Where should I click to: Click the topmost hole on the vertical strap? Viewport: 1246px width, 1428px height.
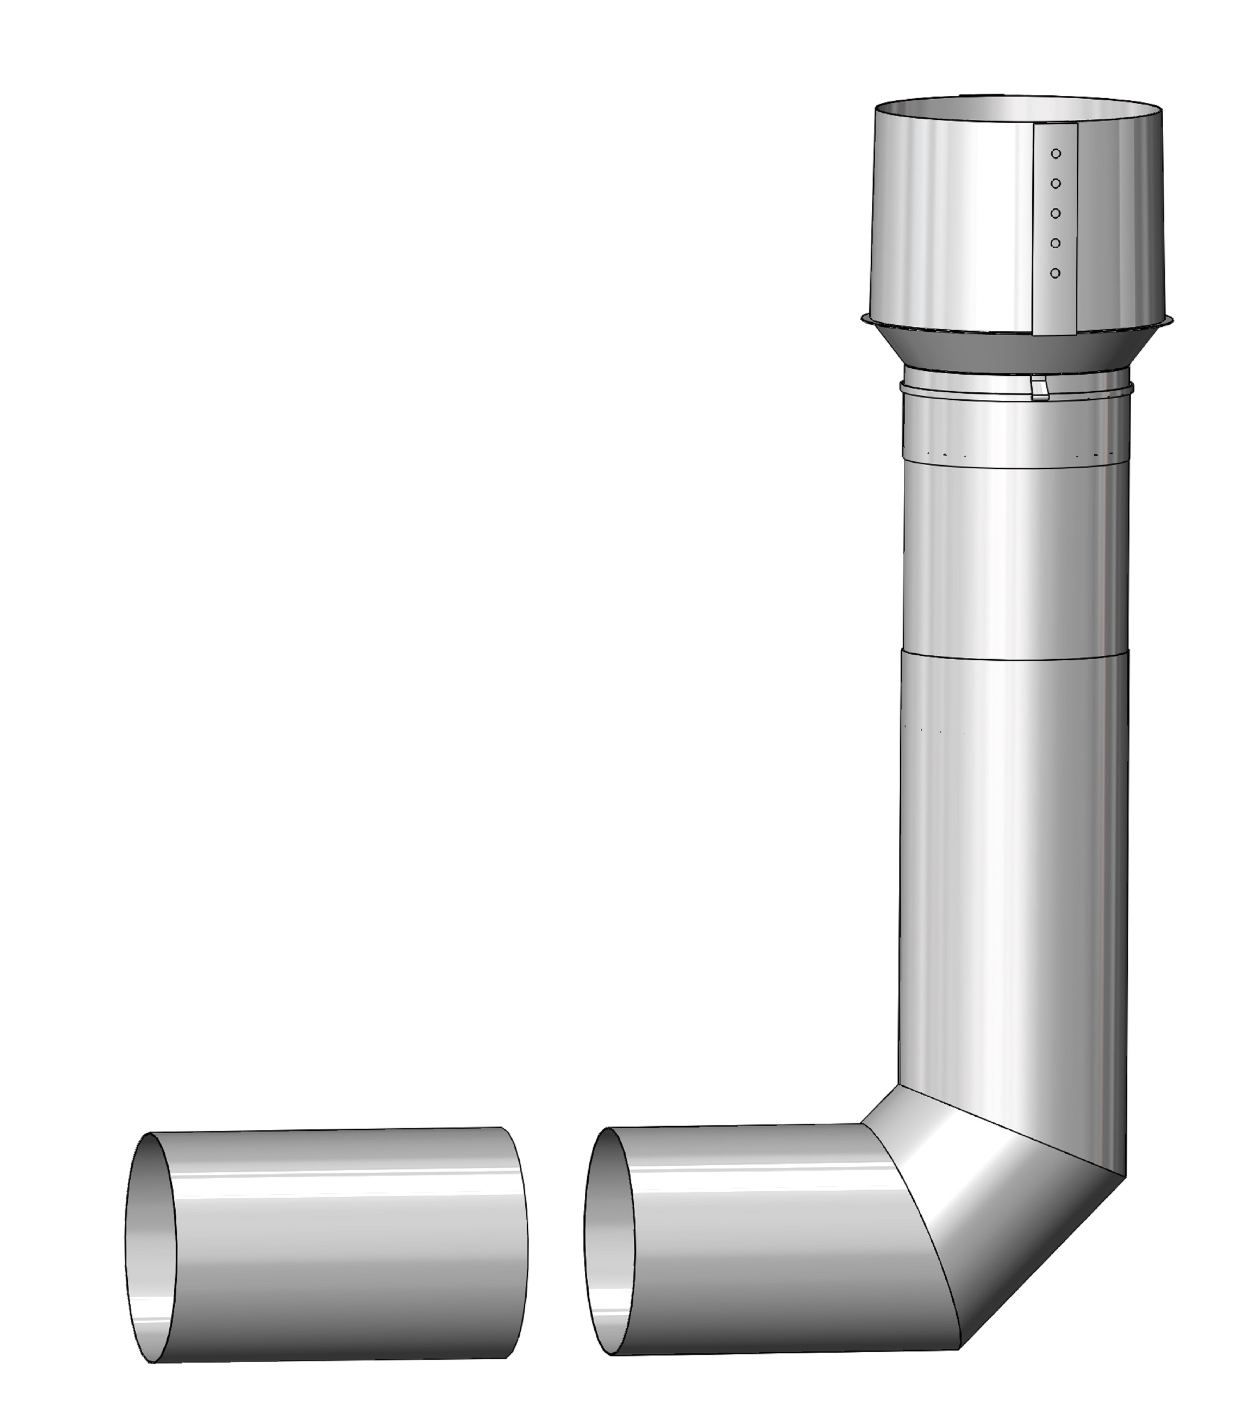point(1056,154)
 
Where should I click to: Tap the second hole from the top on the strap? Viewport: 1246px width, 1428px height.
point(1056,184)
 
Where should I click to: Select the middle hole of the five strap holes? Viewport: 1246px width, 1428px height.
point(1056,214)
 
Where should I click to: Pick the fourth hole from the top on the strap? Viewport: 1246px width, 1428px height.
point(1056,243)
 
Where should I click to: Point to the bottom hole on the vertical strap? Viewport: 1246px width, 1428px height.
point(1056,273)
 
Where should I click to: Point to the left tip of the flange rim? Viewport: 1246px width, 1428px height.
point(862,319)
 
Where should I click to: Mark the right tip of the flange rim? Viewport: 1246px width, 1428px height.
point(1172,320)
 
